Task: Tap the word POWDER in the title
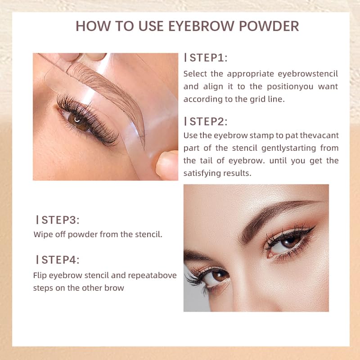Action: (x=269, y=26)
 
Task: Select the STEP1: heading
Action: (x=206, y=58)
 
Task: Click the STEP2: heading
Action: (x=206, y=121)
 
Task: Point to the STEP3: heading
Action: (x=58, y=220)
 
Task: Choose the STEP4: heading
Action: (x=58, y=260)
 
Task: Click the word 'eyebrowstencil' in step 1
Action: (x=308, y=74)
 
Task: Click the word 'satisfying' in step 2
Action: (x=202, y=173)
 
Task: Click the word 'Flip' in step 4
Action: (x=40, y=275)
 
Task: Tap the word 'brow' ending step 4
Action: (x=114, y=288)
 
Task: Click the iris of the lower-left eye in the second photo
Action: (x=219, y=276)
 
